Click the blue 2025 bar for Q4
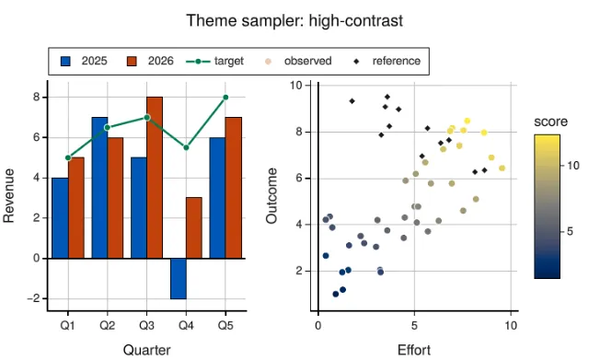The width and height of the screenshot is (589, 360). pos(178,278)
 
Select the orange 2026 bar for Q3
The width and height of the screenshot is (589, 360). pos(155,178)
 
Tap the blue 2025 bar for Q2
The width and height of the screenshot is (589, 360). pos(99,188)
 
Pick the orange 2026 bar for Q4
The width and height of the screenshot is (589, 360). pos(194,228)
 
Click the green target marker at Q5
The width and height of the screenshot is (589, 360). pos(225,98)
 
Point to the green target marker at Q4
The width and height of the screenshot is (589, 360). pos(186,147)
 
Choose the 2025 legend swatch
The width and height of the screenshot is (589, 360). pos(65,62)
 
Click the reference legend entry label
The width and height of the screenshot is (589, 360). pos(397,61)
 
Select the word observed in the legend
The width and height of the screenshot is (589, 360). pos(307,61)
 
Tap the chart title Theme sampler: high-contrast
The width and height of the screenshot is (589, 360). pos(294,20)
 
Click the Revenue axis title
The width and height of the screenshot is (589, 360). pos(8,195)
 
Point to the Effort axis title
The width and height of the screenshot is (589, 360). pos(414,350)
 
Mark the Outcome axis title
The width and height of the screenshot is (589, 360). pos(271,196)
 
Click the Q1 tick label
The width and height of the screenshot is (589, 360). pos(67,325)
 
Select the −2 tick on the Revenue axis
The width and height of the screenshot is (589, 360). pos(33,298)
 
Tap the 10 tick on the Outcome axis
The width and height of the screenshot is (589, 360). pos(296,86)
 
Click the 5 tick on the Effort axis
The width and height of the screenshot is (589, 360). pos(414,325)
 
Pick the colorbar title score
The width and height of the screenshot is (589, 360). pos(550,122)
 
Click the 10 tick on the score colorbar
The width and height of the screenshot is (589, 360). pos(573,166)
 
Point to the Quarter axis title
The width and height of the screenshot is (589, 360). pos(147,350)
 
